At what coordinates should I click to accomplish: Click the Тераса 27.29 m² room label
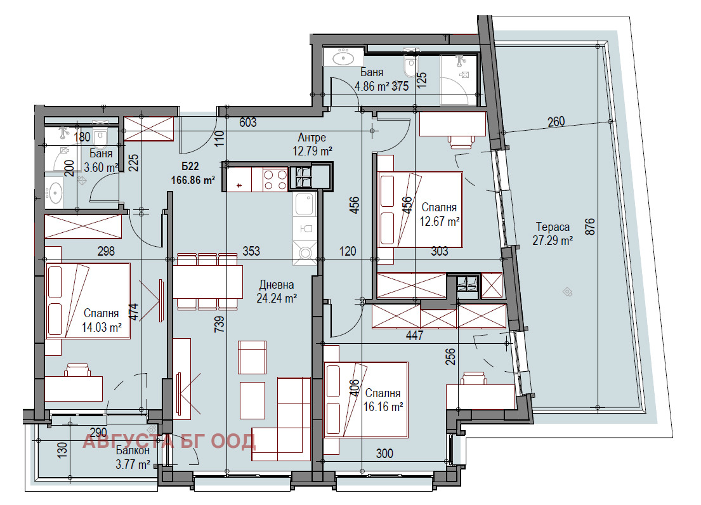click(x=553, y=233)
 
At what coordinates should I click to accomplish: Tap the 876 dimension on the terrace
click(x=590, y=226)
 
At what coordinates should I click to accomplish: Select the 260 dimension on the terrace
click(x=556, y=122)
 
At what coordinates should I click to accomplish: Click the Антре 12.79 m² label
click(x=312, y=145)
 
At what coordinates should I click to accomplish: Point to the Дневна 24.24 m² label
click(x=277, y=291)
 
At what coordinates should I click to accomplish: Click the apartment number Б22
click(x=190, y=166)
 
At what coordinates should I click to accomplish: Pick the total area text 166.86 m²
click(x=193, y=180)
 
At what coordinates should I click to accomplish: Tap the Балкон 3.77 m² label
click(x=133, y=457)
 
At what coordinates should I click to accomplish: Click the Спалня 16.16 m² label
click(x=383, y=400)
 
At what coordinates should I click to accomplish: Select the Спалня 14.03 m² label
click(x=102, y=320)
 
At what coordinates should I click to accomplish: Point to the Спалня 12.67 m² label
click(x=440, y=214)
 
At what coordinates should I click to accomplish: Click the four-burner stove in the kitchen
click(x=275, y=180)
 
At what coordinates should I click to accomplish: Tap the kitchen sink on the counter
click(x=305, y=204)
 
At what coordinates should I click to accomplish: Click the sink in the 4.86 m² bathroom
click(x=343, y=57)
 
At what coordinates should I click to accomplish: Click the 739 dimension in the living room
click(x=219, y=324)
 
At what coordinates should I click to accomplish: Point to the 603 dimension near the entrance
click(x=247, y=122)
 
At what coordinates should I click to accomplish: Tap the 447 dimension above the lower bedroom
click(x=414, y=335)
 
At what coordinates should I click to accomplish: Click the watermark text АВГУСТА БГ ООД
click(x=169, y=442)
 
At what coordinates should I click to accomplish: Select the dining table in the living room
click(x=208, y=282)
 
